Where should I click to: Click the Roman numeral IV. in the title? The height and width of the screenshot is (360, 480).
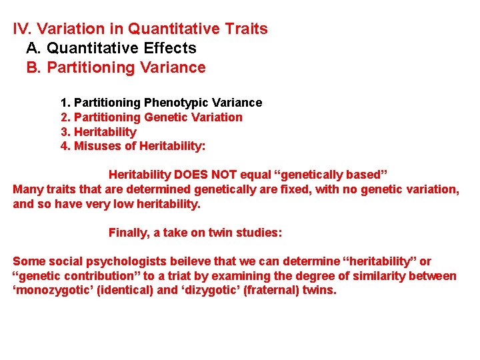click(x=23, y=29)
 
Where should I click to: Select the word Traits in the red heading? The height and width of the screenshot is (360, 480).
click(x=247, y=29)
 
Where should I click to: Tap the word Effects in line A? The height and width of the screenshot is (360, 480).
click(x=172, y=48)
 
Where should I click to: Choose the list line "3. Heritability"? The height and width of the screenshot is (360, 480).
click(x=98, y=131)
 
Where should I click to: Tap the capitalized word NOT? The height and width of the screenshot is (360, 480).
click(x=225, y=175)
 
